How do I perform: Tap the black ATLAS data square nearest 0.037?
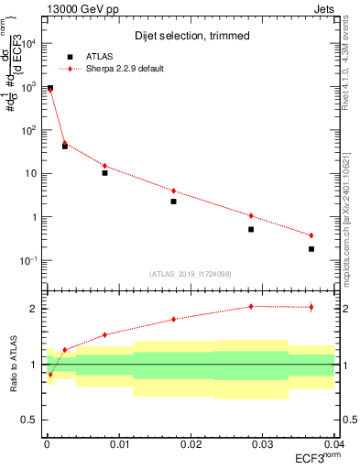[x=311, y=249]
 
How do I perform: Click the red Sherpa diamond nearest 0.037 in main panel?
[x=311, y=235]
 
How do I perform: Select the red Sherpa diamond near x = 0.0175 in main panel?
[x=173, y=191]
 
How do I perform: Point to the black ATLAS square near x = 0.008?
[x=104, y=172]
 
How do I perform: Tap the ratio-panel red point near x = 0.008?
[x=104, y=334]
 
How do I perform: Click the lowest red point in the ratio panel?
[x=50, y=374]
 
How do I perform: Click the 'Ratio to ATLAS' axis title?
[x=13, y=365]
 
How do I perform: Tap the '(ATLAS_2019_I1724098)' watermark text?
[x=190, y=274]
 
